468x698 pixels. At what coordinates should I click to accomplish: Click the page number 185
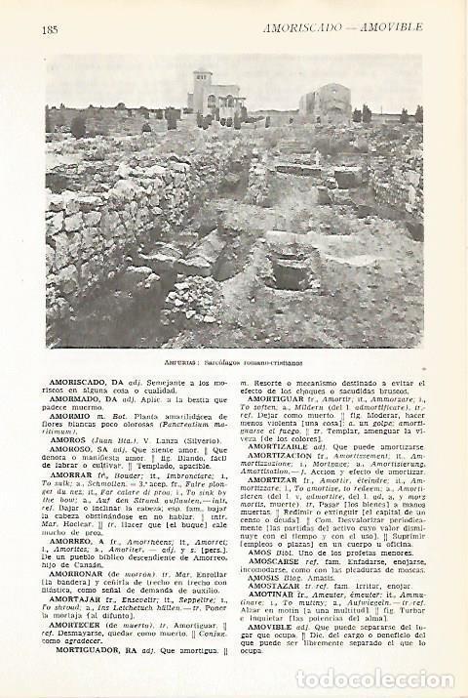[52, 28]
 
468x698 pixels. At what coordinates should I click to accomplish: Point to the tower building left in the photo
[214, 94]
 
